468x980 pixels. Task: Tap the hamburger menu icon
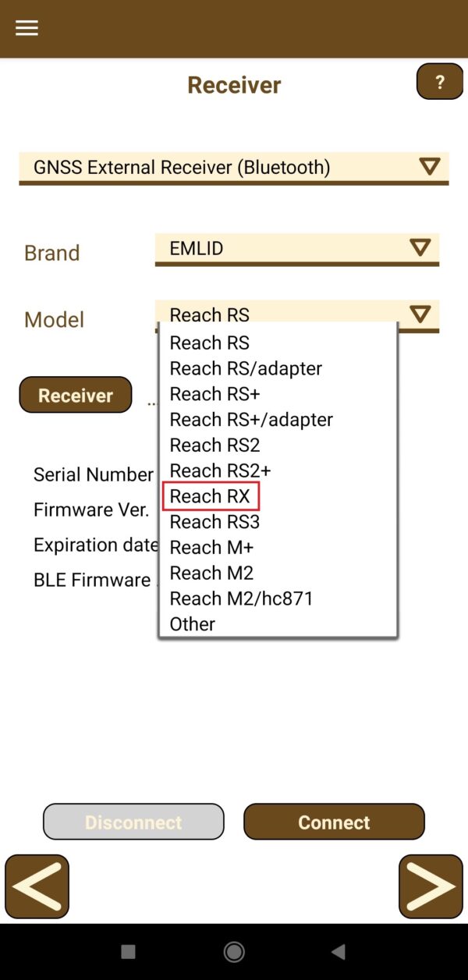[27, 28]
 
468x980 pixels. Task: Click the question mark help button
[440, 82]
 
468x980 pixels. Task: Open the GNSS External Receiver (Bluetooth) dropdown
[233, 168]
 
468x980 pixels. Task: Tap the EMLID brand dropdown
[297, 250]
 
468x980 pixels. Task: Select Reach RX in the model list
[210, 496]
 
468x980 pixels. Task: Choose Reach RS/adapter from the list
[246, 368]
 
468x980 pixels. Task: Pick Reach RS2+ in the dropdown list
[221, 470]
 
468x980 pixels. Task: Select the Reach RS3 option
[214, 522]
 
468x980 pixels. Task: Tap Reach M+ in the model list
[211, 547]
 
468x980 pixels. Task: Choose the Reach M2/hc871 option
[242, 598]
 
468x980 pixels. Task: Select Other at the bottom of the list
[193, 624]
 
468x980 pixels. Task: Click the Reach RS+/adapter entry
[251, 420]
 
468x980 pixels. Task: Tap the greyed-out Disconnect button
[133, 822]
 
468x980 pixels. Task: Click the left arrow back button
[37, 886]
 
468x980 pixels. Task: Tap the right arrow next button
[431, 886]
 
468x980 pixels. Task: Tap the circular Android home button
[234, 952]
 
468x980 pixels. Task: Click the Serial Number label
[94, 474]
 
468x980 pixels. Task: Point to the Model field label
[55, 320]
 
